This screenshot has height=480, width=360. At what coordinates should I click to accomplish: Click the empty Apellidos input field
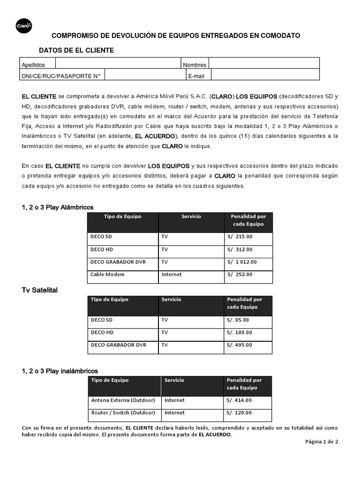click(x=118, y=65)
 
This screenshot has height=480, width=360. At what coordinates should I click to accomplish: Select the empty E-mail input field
click(x=265, y=75)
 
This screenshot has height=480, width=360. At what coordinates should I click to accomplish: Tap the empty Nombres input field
click(x=264, y=65)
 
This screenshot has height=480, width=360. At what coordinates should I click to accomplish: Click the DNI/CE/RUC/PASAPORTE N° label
click(x=61, y=75)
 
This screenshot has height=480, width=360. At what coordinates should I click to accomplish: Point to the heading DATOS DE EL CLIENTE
click(x=76, y=50)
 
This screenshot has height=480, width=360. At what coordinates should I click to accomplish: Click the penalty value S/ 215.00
click(x=240, y=237)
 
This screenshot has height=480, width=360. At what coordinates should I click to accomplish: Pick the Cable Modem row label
click(x=107, y=274)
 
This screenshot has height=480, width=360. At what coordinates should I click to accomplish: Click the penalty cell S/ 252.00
click(x=240, y=274)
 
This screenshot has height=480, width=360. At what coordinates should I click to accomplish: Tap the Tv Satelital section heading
click(x=40, y=291)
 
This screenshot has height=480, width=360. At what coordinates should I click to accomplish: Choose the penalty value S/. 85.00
click(x=238, y=320)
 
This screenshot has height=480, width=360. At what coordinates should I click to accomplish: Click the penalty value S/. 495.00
click(x=239, y=345)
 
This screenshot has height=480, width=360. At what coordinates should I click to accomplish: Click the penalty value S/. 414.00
click(x=239, y=400)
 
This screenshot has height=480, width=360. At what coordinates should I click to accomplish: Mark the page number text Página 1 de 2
click(x=322, y=442)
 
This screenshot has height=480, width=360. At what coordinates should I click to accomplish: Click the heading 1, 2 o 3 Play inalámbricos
click(x=60, y=371)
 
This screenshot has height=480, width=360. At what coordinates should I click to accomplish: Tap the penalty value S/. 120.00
click(x=239, y=413)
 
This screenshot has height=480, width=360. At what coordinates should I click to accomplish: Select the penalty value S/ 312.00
click(x=240, y=249)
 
